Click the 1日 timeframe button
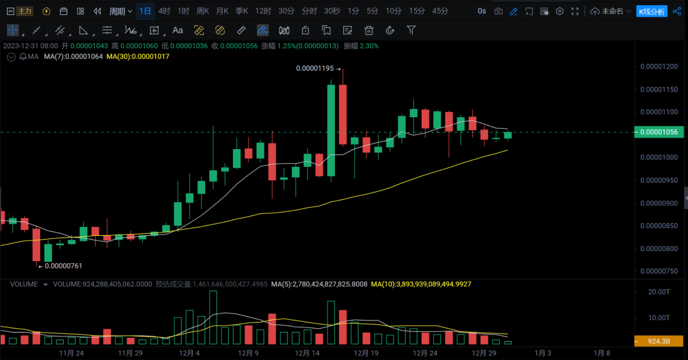point(145,11)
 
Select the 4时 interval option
point(164,11)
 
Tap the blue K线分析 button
point(651,11)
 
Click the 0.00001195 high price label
point(315,69)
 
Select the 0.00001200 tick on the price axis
point(659,66)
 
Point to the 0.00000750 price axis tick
point(659,271)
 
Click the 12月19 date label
point(366,352)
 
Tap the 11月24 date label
point(71,352)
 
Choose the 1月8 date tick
point(601,352)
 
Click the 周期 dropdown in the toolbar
point(120,11)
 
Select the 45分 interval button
point(440,11)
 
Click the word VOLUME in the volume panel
point(24,284)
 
